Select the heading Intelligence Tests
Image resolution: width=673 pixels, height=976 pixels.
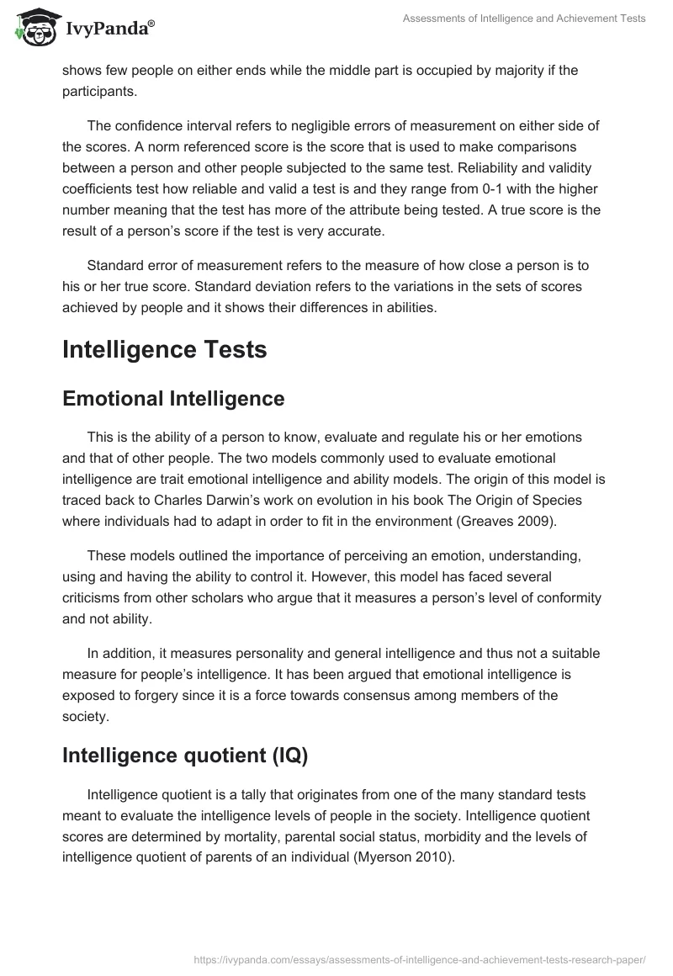[165, 349]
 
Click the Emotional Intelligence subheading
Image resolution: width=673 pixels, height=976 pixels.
[173, 399]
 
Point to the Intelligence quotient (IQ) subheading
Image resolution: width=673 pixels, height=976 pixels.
[185, 756]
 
